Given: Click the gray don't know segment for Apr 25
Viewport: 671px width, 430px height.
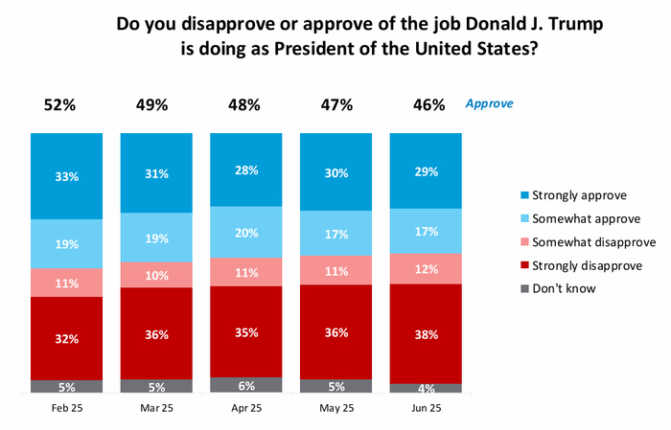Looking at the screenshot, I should (246, 384).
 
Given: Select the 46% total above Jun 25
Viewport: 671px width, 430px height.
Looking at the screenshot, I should (426, 104).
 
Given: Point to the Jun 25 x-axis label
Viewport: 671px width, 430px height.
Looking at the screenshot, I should (426, 407).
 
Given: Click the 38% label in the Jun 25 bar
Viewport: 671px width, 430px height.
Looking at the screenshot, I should (426, 336).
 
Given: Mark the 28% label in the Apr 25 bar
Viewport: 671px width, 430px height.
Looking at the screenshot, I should (246, 170).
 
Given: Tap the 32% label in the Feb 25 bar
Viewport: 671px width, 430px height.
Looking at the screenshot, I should (66, 338).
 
